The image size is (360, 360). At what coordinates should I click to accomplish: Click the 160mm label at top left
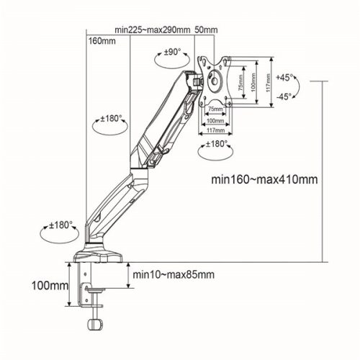[101, 41]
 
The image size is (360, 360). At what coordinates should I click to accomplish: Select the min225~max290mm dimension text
[153, 31]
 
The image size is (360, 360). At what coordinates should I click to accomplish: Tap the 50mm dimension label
[206, 31]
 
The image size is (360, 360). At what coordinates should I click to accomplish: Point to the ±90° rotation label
[171, 53]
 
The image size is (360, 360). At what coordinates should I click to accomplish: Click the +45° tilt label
[286, 77]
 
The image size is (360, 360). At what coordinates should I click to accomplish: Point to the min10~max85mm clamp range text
[173, 274]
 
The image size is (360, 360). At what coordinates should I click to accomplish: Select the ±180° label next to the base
[61, 225]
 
